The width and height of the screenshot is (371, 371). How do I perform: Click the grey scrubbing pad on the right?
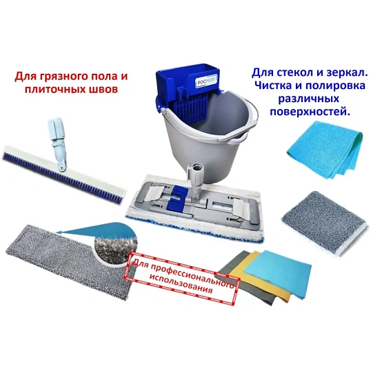(319, 213)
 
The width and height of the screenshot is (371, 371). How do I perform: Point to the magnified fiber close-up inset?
(109, 245)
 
